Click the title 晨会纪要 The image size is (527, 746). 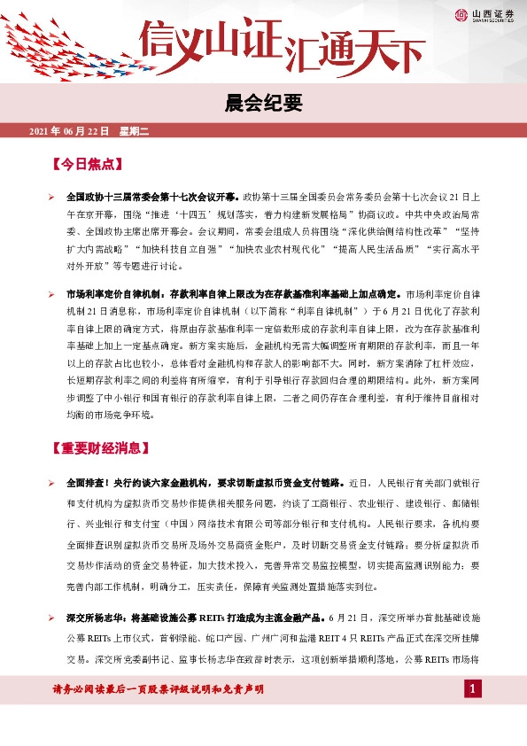pos(263,104)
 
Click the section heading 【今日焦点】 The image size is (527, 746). pos(87,165)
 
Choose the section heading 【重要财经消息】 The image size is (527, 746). pos(98,447)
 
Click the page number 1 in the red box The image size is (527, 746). pos(473,688)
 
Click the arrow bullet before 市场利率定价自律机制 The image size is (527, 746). pos(52,292)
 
